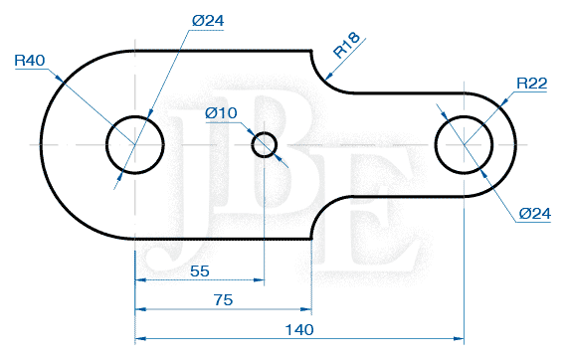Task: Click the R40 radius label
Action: tap(31, 61)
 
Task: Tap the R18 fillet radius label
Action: tap(346, 47)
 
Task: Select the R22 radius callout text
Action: tap(532, 84)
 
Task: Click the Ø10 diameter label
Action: tap(221, 113)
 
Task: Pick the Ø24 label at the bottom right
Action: tap(535, 213)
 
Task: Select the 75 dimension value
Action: tap(223, 298)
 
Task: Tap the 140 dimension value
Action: tap(298, 329)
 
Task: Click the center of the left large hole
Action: tap(135, 143)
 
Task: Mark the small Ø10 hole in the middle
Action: tap(264, 144)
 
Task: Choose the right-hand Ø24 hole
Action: tap(463, 144)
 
